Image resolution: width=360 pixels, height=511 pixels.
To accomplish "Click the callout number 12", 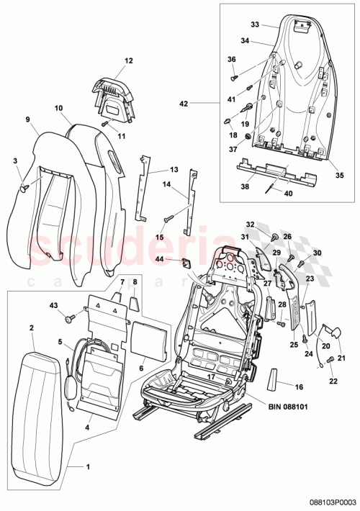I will [x=129, y=62].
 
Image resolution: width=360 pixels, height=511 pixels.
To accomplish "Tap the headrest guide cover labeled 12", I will [x=115, y=96].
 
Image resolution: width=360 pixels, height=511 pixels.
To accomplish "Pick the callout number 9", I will [x=27, y=119].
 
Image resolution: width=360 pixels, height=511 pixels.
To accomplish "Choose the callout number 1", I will [x=88, y=467].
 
